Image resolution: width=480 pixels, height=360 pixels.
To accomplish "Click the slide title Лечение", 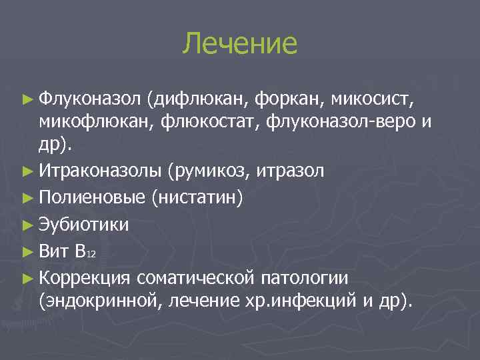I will (x=240, y=43).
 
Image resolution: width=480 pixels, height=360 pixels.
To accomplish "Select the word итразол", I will (x=288, y=172).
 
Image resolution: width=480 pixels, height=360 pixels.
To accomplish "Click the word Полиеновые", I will (x=92, y=198).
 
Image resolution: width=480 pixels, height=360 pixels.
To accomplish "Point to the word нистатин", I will (x=203, y=198).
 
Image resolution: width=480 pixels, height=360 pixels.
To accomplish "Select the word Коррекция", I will (x=85, y=276).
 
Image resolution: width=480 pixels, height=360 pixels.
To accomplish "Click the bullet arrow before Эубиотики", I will (x=27, y=225).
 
